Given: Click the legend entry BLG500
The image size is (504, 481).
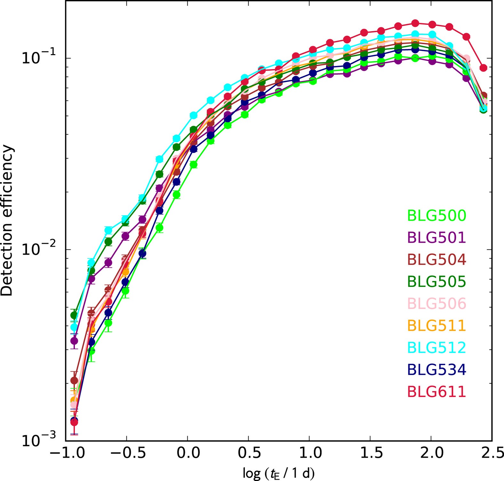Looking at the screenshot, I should click(436, 216).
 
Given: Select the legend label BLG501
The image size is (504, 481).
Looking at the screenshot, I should click(436, 238).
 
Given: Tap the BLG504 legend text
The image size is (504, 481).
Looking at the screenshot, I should click(436, 260).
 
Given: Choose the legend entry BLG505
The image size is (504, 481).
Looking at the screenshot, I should click(436, 282).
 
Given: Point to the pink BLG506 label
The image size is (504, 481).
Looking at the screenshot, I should click(436, 304).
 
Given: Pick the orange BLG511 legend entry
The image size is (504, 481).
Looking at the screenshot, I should click(436, 326).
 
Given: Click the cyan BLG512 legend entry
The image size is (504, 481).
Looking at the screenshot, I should click(436, 348).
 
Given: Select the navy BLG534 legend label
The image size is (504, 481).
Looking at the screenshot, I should click(436, 370).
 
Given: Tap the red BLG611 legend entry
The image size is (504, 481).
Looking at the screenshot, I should click(436, 392).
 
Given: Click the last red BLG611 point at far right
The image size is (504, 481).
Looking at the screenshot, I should click(484, 68).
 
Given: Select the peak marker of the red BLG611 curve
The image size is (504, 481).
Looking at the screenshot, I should click(415, 23).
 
